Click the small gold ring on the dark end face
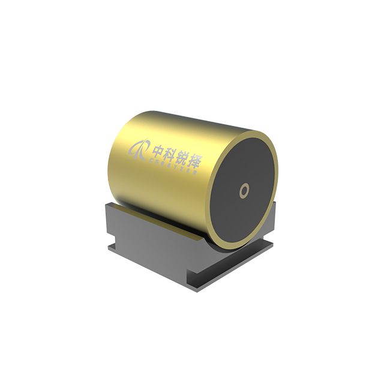tap(244, 191)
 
